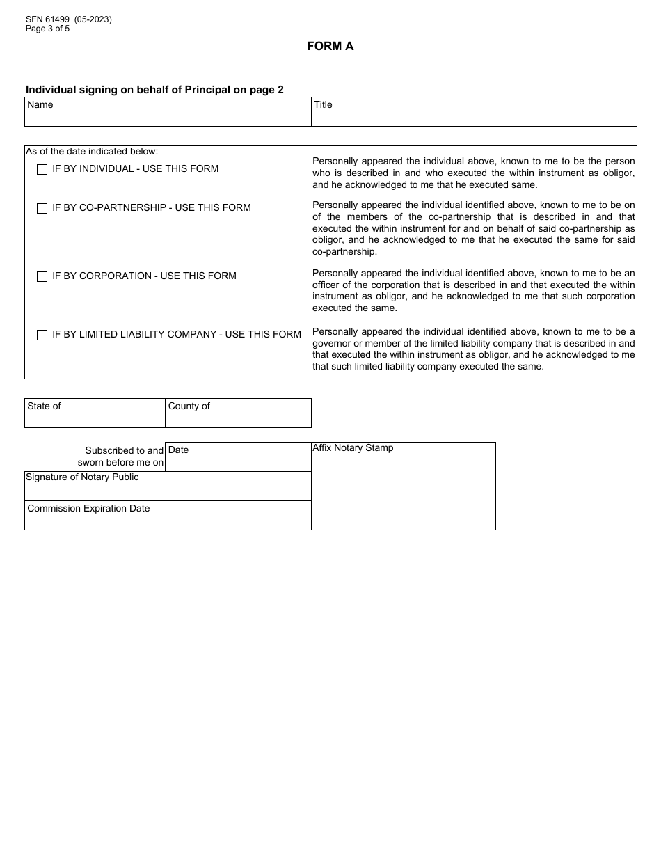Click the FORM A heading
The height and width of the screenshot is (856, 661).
pos(330,47)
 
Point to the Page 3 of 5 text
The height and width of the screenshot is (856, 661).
pos(47,29)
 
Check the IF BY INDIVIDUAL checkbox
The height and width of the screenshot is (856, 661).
pos(42,169)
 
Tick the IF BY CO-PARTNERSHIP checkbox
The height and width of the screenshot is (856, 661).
pos(42,208)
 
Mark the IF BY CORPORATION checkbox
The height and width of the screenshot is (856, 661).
pos(42,276)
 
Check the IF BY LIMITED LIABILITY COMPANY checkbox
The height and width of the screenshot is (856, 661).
pos(42,335)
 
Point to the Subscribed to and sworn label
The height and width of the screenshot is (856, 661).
pos(121,457)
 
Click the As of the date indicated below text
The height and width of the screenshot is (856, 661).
pos(92,151)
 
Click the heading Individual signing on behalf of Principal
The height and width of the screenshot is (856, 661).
pos(154,90)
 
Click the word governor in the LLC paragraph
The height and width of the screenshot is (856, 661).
pos(332,343)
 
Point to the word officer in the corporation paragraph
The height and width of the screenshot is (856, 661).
pos(328,285)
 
